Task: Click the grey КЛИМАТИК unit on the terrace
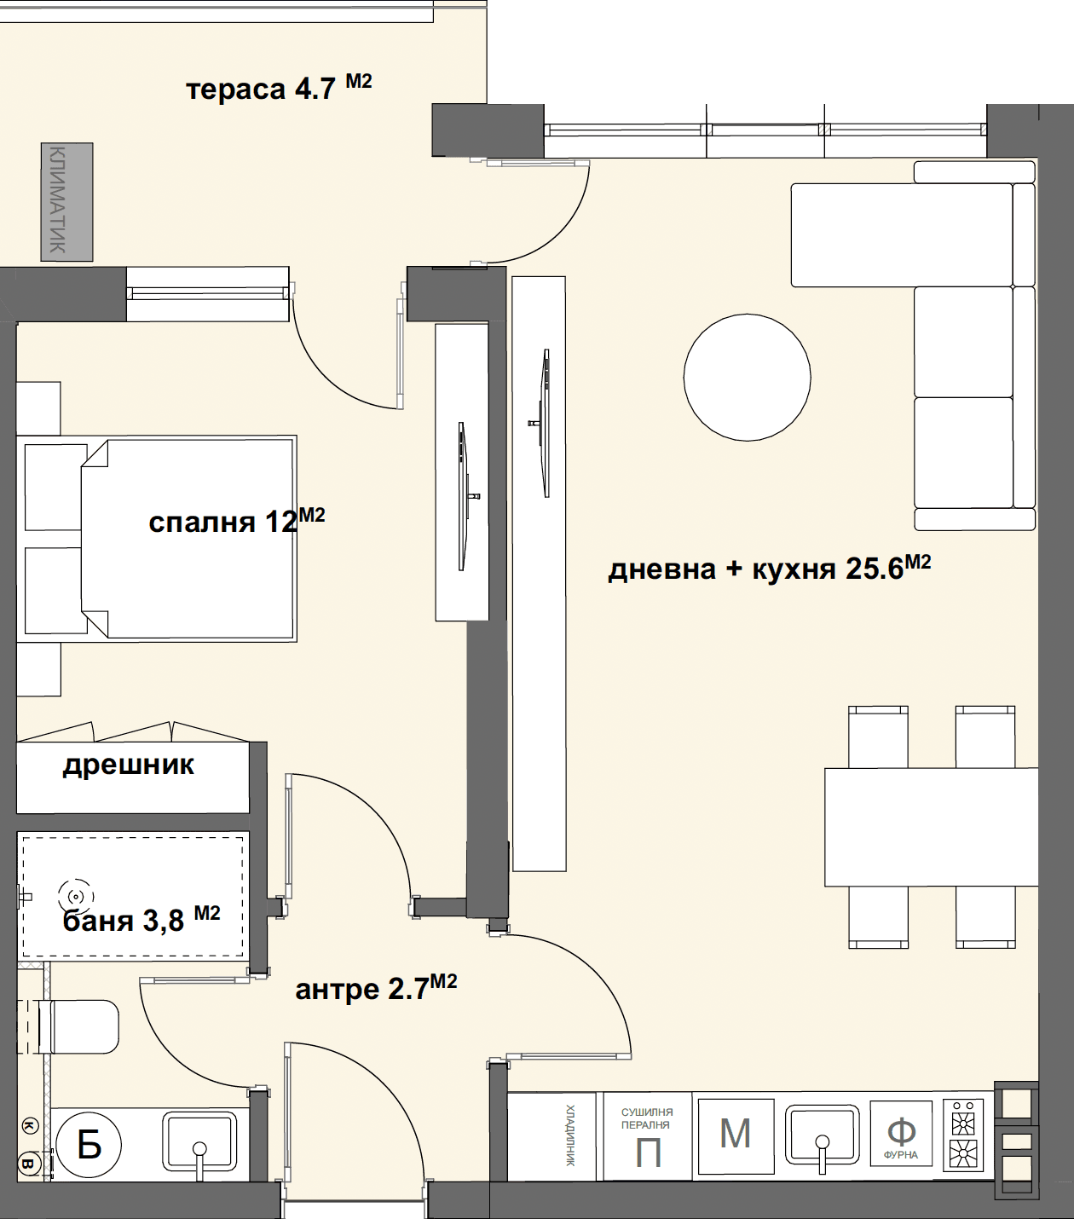point(66,202)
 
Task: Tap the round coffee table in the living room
point(748,378)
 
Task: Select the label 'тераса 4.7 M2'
point(279,87)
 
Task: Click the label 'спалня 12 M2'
point(236,520)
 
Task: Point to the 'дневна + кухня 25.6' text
point(756,568)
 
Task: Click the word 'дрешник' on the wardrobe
point(129,765)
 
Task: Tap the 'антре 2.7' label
point(361,990)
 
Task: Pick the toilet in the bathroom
point(78,1027)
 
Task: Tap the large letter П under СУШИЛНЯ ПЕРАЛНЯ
point(648,1153)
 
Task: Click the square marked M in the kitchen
point(736,1136)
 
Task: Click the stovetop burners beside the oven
point(963,1135)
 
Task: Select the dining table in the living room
point(932,827)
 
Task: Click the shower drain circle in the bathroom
point(76,897)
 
